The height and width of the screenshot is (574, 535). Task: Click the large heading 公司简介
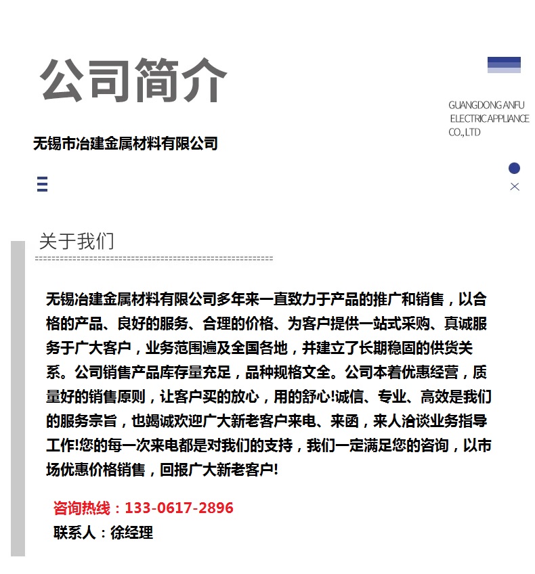[x=133, y=81]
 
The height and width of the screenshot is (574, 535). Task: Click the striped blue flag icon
[x=504, y=65]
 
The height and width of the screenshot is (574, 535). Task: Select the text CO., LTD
[x=465, y=133]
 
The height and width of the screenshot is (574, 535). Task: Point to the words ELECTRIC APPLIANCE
[x=489, y=119]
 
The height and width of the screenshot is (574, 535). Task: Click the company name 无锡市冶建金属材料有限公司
[x=125, y=143]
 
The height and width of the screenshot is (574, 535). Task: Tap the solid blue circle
[x=514, y=169]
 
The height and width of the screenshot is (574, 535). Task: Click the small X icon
[x=515, y=187]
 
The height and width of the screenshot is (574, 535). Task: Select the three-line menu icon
[x=42, y=184]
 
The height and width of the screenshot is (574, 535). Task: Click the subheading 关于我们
[x=77, y=241]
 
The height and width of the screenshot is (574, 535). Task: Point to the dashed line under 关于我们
[x=154, y=259]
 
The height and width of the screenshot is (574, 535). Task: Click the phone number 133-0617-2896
[x=179, y=508]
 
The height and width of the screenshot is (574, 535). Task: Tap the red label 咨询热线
[x=80, y=508]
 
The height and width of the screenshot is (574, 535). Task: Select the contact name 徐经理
[x=131, y=533]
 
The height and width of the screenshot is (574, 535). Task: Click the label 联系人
[x=74, y=533]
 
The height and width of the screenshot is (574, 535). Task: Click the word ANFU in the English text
[x=513, y=106]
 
